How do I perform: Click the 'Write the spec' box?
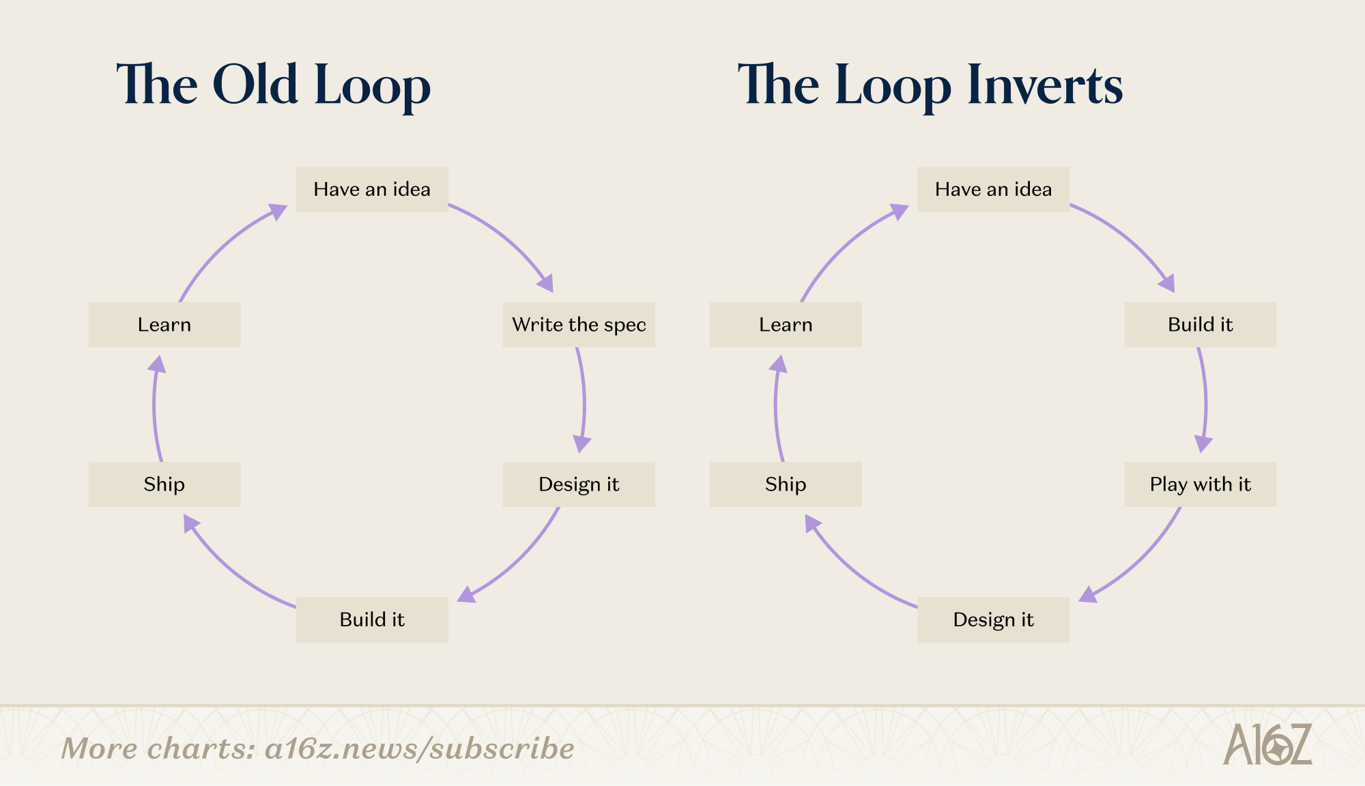(579, 325)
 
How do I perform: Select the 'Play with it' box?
(1201, 484)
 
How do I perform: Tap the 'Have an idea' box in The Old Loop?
(372, 189)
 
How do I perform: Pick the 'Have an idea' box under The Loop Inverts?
(994, 189)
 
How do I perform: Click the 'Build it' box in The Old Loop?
(372, 620)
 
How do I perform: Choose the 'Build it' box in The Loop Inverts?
(1201, 325)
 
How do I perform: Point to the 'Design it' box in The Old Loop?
(579, 484)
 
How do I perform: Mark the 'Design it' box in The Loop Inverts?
(994, 620)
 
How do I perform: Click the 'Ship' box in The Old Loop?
(164, 484)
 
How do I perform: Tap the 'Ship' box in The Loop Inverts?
(786, 484)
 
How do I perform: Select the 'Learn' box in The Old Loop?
(164, 325)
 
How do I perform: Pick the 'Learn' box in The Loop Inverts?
(786, 325)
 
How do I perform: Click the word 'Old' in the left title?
(256, 85)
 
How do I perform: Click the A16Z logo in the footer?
(1267, 744)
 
